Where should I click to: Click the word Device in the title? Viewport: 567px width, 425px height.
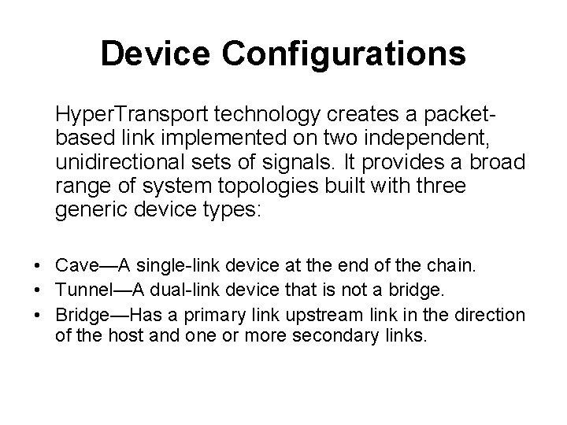[155, 54]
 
